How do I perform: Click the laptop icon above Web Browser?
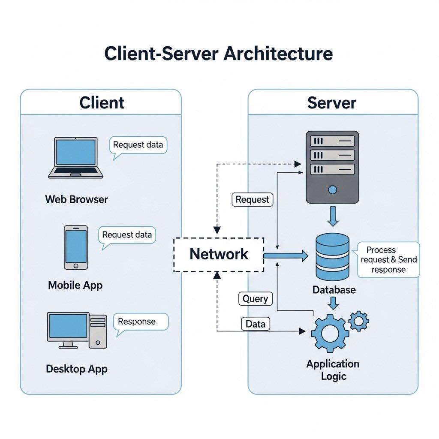pos(75,158)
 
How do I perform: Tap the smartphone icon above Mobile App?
pos(76,247)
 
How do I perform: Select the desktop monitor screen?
pos(68,326)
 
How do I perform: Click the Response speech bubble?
pos(141,322)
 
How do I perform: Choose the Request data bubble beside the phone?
pos(127,235)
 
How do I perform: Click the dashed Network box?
pos(219,255)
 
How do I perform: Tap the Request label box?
pos(252,200)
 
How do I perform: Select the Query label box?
pos(256,299)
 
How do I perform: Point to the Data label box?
pos(256,324)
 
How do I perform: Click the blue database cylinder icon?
pos(333,256)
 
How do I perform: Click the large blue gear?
pos(330,333)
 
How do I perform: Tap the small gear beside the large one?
pos(359,321)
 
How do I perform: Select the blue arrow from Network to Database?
pos(286,256)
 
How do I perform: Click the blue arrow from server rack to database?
pos(333,216)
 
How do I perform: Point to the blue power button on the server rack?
pos(332,190)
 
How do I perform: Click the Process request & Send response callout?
pos(388,260)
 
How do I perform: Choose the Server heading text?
pos(332,103)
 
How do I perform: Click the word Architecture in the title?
pos(278,53)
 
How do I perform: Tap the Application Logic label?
pos(333,370)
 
